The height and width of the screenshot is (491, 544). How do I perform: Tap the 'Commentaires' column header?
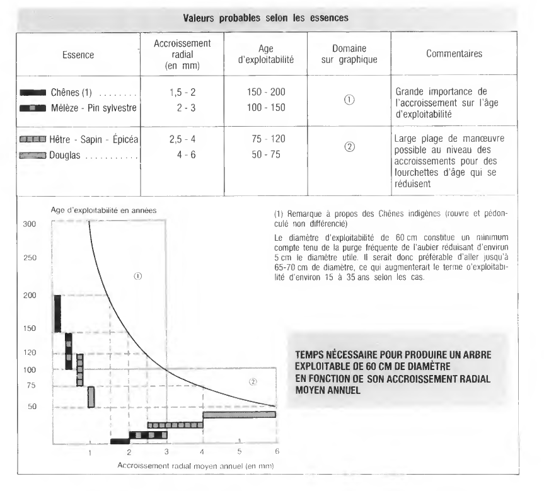(454, 54)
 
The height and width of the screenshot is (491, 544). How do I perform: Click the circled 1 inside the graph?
(138, 275)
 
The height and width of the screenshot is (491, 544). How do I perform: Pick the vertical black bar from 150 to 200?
(57, 313)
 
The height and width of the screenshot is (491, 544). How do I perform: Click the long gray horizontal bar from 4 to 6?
(239, 414)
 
